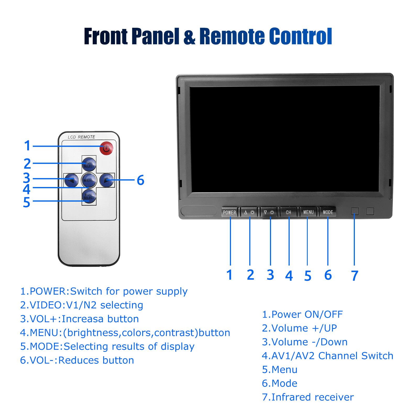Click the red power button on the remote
tap(106, 148)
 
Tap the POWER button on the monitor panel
tap(230, 212)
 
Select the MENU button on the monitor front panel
tap(308, 212)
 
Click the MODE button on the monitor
tap(328, 212)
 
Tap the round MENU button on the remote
tap(89, 180)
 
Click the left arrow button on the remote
tap(71, 180)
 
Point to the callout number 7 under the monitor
tap(355, 275)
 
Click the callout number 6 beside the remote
tap(141, 180)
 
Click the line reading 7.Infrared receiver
tap(308, 397)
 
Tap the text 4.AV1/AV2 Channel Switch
tap(327, 356)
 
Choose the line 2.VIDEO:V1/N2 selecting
tap(81, 305)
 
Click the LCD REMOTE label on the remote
tap(81, 137)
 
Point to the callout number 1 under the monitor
tap(229, 275)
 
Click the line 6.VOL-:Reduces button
tap(77, 360)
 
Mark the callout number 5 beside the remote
tap(27, 202)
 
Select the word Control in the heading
tap(301, 36)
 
